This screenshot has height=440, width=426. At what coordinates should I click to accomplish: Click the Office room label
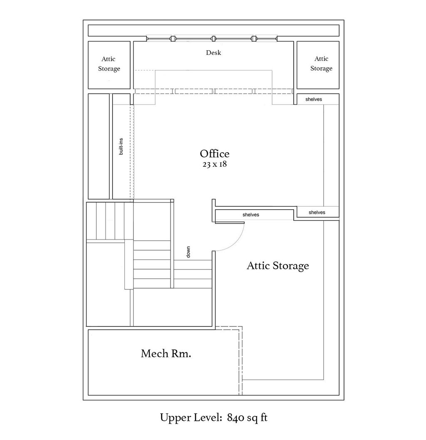click(x=214, y=154)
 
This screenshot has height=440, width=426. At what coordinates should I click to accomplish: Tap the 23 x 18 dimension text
click(x=214, y=164)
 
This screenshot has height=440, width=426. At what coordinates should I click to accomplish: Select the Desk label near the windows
click(x=213, y=53)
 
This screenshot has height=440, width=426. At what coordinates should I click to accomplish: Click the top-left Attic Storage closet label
click(x=109, y=64)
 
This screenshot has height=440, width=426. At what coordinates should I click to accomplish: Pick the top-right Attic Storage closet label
click(x=321, y=63)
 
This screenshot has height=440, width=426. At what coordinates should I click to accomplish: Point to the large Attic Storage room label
click(x=277, y=266)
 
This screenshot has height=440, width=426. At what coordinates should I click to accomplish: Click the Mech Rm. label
click(x=166, y=353)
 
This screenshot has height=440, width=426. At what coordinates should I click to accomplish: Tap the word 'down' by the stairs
click(x=188, y=252)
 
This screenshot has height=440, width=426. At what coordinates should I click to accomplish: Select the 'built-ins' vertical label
click(x=121, y=146)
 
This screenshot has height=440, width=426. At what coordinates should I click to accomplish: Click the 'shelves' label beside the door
click(x=250, y=215)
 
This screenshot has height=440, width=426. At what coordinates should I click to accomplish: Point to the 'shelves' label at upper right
click(x=313, y=99)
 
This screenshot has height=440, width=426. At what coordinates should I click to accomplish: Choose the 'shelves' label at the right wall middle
click(x=317, y=213)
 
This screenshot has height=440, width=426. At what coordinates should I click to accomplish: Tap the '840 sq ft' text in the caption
click(x=247, y=418)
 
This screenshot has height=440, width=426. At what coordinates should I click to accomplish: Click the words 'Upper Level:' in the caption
click(x=191, y=418)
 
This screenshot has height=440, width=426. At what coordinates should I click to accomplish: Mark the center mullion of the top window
click(x=213, y=39)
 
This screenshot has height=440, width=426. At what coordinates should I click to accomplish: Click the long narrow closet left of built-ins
click(x=99, y=146)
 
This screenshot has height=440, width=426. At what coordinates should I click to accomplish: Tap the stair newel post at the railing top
click(x=172, y=200)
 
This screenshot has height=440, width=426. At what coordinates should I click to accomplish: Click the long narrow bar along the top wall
click(x=213, y=31)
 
